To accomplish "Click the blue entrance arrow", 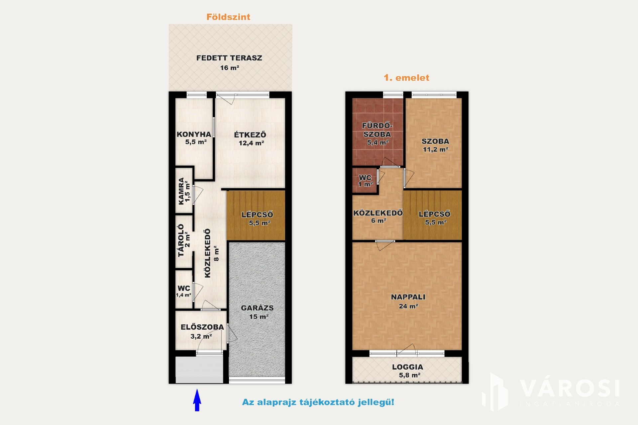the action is (x=197, y=400).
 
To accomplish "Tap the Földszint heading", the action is (x=228, y=17).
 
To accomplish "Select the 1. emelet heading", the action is (x=406, y=78).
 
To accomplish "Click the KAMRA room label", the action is (x=181, y=191).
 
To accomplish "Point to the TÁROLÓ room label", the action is (x=181, y=241).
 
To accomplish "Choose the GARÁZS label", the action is (x=257, y=308).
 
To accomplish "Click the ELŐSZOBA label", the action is (x=202, y=327).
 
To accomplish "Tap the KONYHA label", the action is (x=194, y=134).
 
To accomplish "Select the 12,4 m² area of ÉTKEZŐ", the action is (x=251, y=143).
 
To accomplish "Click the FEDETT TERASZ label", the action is (x=229, y=58).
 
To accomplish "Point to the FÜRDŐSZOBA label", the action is (x=377, y=130).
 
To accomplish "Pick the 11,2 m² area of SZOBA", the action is (x=435, y=149).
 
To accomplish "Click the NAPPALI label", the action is (x=408, y=297).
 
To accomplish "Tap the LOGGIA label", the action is (x=408, y=367).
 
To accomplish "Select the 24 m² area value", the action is (x=408, y=306).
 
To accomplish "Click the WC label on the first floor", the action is (x=365, y=178).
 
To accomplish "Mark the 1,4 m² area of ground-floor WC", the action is (x=183, y=295).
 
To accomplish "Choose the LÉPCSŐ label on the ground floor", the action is (x=257, y=214).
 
